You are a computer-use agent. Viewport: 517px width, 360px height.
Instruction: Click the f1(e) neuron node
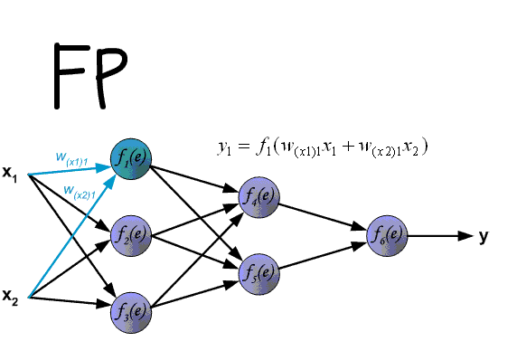click(131, 160)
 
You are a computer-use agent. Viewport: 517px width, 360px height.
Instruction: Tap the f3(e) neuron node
click(131, 311)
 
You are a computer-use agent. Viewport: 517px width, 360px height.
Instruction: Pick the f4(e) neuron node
click(259, 197)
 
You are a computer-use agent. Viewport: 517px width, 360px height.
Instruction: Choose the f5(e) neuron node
click(259, 273)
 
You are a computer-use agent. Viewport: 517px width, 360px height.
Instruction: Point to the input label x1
click(11, 172)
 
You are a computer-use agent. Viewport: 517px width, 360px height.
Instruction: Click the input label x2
click(11, 297)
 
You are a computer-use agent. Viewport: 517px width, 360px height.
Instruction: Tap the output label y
click(484, 236)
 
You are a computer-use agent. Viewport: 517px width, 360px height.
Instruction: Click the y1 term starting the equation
click(224, 148)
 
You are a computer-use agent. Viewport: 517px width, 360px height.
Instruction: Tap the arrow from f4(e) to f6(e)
click(324, 216)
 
